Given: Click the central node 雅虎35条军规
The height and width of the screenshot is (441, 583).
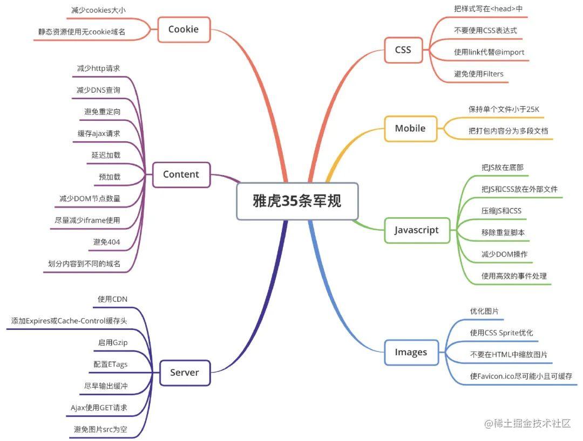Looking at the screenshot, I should pos(297,201).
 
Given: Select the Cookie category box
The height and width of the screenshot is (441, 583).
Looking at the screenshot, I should pos(184,29).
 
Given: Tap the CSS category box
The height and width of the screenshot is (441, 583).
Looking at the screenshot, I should pos(403,50).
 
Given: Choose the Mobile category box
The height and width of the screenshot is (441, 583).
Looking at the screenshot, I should pos(410,128).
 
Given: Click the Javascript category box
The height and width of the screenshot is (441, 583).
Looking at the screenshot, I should pos(416,230).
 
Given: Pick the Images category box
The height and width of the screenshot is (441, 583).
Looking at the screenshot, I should pos(411,352).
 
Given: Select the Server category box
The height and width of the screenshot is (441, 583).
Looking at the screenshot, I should pos(184,372).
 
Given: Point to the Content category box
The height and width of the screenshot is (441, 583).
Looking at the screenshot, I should pos(181,174).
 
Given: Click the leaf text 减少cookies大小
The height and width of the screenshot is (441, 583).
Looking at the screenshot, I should pos(99,10).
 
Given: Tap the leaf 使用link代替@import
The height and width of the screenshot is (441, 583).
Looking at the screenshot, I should pos(489,52).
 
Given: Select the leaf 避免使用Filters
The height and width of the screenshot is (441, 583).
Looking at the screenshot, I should pos(479,73).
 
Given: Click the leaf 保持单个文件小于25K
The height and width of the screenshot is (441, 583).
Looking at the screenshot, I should pos(504,109).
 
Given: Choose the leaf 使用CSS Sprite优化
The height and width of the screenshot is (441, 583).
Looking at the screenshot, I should pos(501,333).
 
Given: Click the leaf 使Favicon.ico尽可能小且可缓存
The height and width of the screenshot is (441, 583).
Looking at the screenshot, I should pos(521,376).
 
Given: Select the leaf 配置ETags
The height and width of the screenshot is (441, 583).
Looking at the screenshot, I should pos(111,364).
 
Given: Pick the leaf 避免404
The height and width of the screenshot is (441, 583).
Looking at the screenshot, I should pos(106,242).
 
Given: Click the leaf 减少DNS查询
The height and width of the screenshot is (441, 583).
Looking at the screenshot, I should pos(98,90).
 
